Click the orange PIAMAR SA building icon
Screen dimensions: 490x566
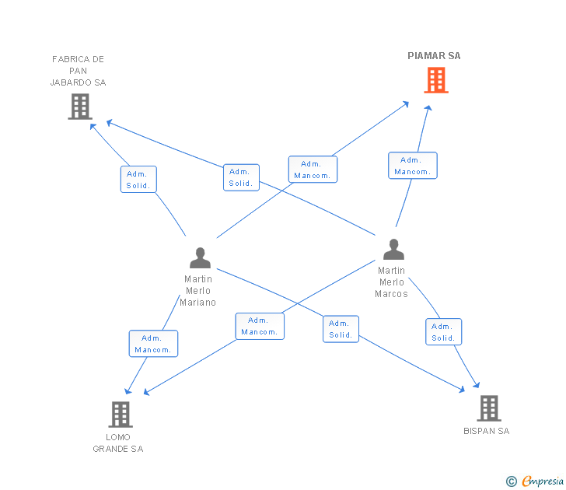pos(435,80)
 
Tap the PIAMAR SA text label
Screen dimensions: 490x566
pos(434,56)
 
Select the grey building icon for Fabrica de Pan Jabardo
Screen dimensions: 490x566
pos(80,107)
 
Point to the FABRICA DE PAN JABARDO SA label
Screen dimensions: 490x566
pos(78,71)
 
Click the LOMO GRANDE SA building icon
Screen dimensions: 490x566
pos(120,415)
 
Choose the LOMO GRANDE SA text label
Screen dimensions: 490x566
pos(118,443)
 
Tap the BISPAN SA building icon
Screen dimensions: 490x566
pos(488,408)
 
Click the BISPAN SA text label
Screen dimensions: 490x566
pos(487,431)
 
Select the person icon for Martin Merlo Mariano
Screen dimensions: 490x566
pos(200,257)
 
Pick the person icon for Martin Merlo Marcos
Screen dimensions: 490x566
pos(394,250)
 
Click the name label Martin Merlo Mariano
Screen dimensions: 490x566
pos(198,291)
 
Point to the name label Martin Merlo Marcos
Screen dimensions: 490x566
pos(391,282)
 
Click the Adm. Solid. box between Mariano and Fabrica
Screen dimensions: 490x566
pos(139,180)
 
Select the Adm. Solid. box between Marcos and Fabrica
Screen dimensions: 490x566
pos(241,177)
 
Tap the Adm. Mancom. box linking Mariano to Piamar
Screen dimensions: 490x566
pos(313,170)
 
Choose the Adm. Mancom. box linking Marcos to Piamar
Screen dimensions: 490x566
pos(413,166)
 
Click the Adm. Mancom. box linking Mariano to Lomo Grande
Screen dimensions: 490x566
pos(153,344)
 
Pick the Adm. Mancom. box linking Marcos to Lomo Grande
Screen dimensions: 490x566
pos(260,326)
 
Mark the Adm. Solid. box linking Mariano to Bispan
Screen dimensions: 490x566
pos(341,329)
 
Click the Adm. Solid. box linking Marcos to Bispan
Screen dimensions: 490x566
pos(443,332)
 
